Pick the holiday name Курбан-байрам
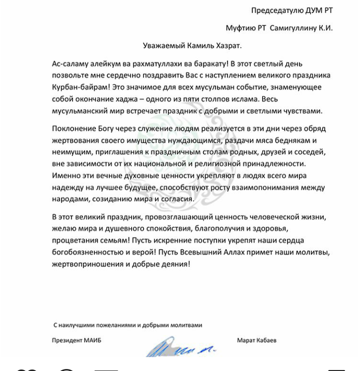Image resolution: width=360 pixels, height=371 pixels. (x=77, y=87)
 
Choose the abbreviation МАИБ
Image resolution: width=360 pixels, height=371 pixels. (x=97, y=341)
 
